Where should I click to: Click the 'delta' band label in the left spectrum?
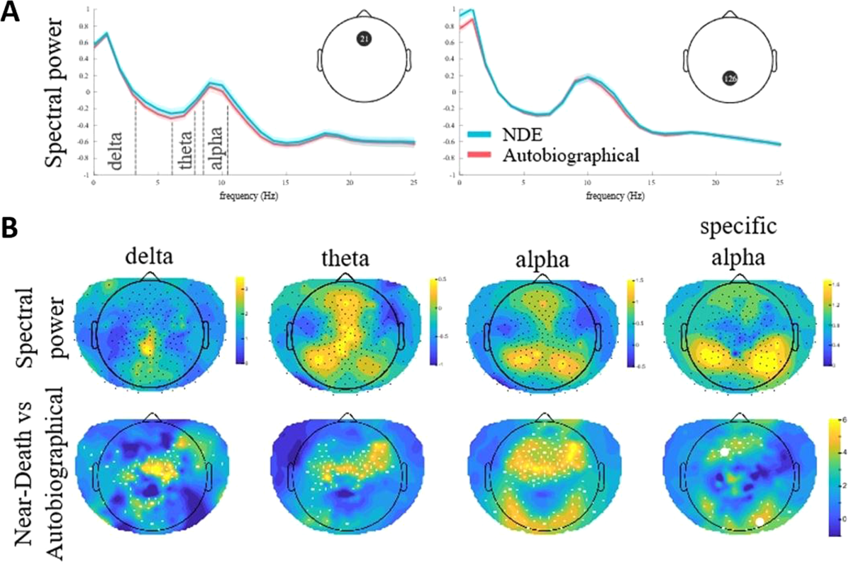click(116, 145)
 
